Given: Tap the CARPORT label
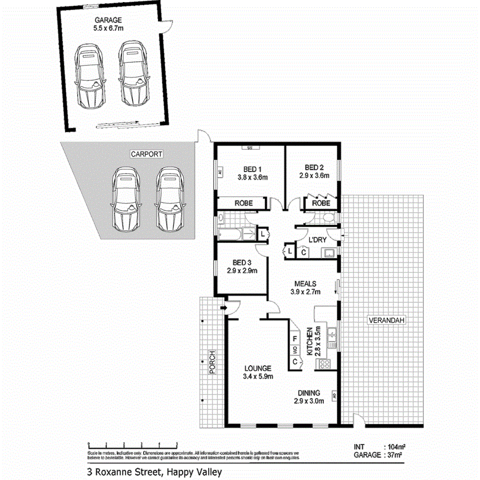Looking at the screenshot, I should [146, 154].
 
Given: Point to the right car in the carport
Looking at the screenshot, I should [170, 198].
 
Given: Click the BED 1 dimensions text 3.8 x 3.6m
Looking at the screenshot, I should [253, 177].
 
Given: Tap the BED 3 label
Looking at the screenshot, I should [242, 261].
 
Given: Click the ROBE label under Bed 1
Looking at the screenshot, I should [244, 203].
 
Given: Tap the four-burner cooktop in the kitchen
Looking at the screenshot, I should [324, 364].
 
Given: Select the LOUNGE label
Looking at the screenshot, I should [258, 368].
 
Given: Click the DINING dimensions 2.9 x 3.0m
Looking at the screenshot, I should [309, 401].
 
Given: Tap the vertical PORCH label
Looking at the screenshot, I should [211, 362].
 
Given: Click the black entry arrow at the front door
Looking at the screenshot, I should [222, 308].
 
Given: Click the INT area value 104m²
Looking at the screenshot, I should [393, 447].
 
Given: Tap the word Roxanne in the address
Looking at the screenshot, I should [113, 471].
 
